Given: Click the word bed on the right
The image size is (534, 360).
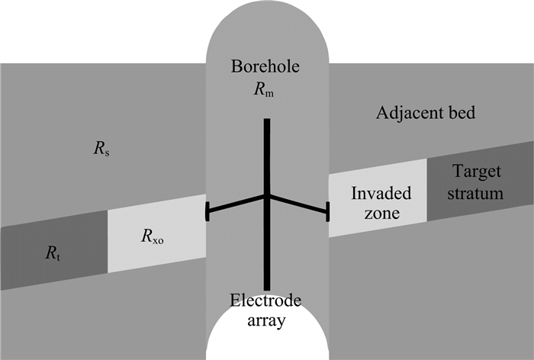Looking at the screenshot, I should click(x=461, y=114).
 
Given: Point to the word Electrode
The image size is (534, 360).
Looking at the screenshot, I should click(x=267, y=300).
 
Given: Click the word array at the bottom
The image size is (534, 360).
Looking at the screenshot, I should click(x=267, y=320).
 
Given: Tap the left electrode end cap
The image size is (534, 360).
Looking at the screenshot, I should click(x=207, y=212).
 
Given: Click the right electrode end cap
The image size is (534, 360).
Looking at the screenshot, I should click(x=328, y=211).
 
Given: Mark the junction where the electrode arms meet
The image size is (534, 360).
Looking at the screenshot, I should click(x=266, y=197).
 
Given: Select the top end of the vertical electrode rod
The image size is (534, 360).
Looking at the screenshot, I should click(x=266, y=121).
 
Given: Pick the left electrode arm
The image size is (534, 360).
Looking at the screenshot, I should click(x=236, y=204).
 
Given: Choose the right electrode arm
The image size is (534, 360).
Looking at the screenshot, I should click(x=298, y=204).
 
